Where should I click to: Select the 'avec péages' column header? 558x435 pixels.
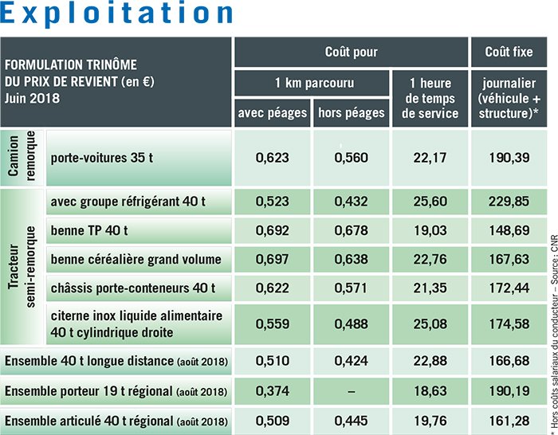click(x=272, y=113)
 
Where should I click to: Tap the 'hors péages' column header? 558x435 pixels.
click(x=351, y=113)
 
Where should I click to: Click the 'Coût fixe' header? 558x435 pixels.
click(x=509, y=53)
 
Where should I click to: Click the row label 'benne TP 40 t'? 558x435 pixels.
click(x=91, y=230)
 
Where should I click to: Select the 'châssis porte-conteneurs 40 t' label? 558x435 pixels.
click(x=133, y=286)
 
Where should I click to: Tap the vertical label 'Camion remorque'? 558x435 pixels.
click(x=24, y=157)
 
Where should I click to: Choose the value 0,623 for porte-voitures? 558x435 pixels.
click(x=272, y=158)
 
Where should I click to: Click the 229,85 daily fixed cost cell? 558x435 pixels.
click(x=509, y=202)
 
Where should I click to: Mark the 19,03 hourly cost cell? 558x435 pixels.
click(x=430, y=230)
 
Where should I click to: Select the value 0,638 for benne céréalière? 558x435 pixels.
click(x=351, y=258)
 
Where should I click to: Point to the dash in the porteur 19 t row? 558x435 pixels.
click(x=351, y=391)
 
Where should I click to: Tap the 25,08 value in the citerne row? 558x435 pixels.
click(x=430, y=323)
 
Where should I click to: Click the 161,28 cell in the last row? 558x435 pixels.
click(x=509, y=420)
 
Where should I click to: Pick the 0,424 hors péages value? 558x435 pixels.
click(x=351, y=362)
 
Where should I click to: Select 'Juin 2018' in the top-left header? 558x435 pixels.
click(x=33, y=99)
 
